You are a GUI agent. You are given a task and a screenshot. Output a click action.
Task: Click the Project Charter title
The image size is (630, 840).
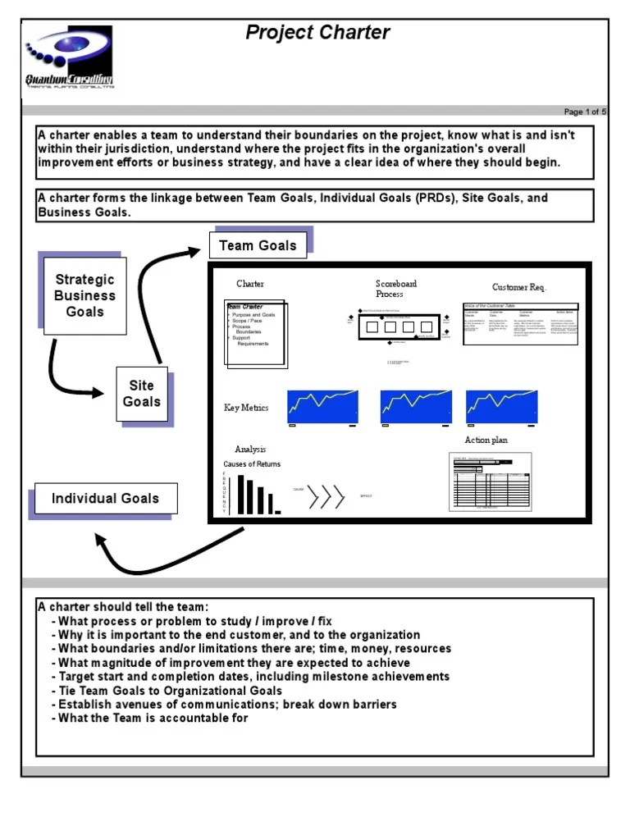coord(317,33)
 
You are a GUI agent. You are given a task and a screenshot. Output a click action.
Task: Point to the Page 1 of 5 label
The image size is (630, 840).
coord(585,112)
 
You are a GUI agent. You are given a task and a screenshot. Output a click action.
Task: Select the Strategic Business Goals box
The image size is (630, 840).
coord(84,295)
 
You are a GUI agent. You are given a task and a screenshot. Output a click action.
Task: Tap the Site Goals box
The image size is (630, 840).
coord(141,394)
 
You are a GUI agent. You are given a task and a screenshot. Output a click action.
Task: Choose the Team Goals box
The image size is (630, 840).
coord(258,245)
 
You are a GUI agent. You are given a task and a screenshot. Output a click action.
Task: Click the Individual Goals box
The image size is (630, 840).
coord(104,498)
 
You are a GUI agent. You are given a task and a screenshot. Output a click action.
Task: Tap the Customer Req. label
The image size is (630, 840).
coord(518,287)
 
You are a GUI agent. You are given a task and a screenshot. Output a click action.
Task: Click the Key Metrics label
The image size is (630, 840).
coord(246,408)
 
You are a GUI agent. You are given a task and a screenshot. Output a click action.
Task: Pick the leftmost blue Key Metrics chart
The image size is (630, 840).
coord(323,406)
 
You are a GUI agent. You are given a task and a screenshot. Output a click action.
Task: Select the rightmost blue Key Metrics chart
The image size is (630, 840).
coord(502,406)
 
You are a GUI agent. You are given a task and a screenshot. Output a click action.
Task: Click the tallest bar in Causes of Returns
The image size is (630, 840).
coord(240,494)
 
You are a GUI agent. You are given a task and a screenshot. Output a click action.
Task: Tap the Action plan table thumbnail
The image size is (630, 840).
coord(490,482)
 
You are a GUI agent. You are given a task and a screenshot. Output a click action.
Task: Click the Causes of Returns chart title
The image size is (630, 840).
coord(252,464)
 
